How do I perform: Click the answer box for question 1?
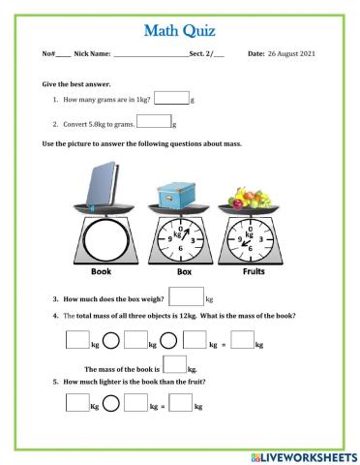pyautogui.click(x=172, y=97)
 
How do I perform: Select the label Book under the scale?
pyautogui.click(x=101, y=273)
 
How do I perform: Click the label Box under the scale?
pyautogui.click(x=174, y=273)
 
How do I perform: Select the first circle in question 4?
pyautogui.click(x=111, y=340)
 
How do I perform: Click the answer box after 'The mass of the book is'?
pyautogui.click(x=175, y=366)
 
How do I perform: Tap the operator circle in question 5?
pyautogui.click(x=110, y=406)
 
